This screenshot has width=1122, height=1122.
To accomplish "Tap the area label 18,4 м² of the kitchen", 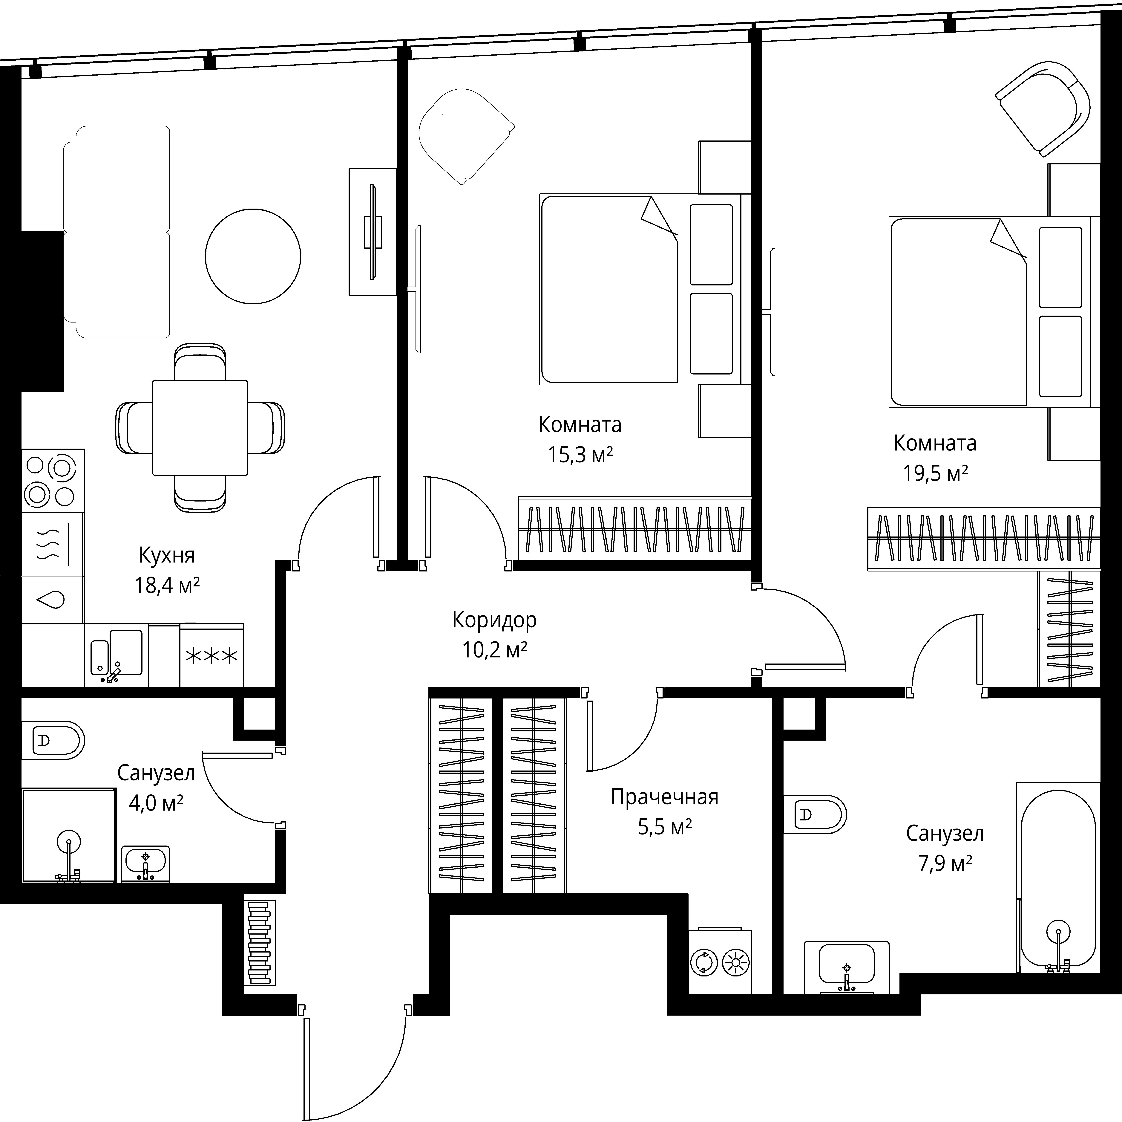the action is pos(167,585).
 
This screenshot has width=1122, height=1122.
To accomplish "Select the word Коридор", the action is pos(494,620).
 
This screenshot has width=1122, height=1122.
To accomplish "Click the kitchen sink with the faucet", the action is pos(116,655).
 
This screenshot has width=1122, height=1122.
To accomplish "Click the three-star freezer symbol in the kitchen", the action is pos(211,656).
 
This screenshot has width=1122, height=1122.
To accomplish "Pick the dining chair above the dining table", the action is pos(200,361).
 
